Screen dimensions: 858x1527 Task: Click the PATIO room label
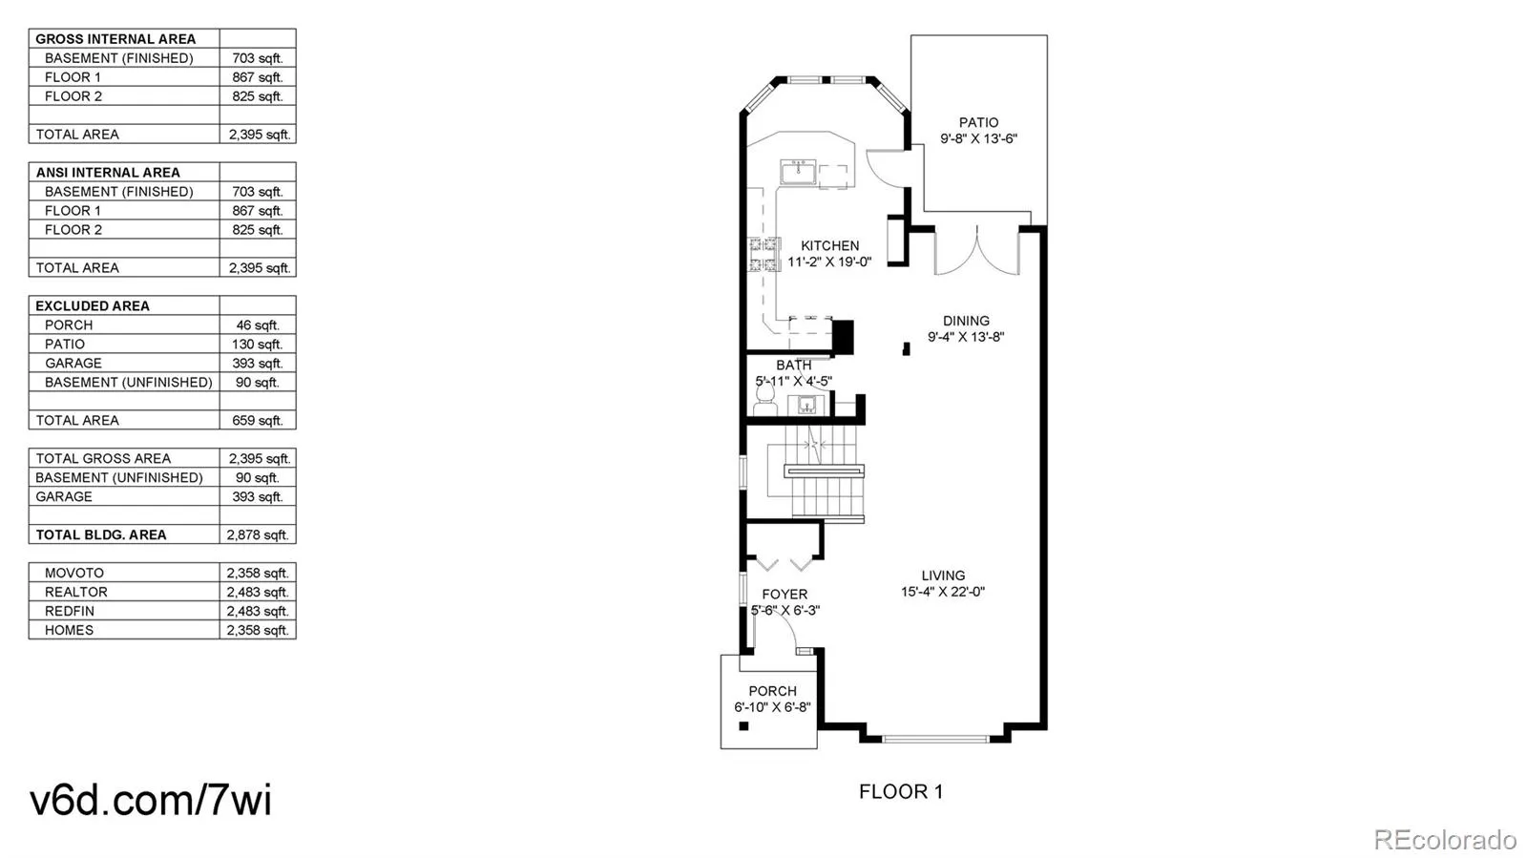tap(978, 122)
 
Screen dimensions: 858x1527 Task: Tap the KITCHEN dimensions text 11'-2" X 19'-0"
tap(828, 262)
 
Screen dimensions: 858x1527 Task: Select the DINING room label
tap(966, 321)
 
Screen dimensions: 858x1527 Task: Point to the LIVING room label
tap(943, 575)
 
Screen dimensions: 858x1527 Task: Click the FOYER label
tap(784, 594)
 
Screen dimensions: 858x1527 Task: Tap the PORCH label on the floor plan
tap(772, 691)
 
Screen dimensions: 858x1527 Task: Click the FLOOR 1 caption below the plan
tap(900, 791)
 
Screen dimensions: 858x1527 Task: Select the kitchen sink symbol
tap(796, 173)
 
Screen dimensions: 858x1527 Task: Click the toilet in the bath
tap(765, 402)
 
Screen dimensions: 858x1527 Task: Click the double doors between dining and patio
tap(977, 250)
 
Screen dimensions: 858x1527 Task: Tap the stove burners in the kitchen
tap(764, 255)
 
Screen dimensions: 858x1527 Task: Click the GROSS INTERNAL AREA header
tap(115, 39)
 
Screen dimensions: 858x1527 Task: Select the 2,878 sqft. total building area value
tap(257, 534)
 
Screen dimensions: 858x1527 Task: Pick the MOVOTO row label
tap(74, 573)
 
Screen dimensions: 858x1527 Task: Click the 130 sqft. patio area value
tap(257, 344)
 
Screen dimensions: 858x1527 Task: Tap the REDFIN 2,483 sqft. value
tap(257, 611)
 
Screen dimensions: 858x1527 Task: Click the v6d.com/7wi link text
tap(151, 800)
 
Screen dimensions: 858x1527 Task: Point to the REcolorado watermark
tap(1444, 839)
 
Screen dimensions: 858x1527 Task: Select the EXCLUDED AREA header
tap(93, 305)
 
